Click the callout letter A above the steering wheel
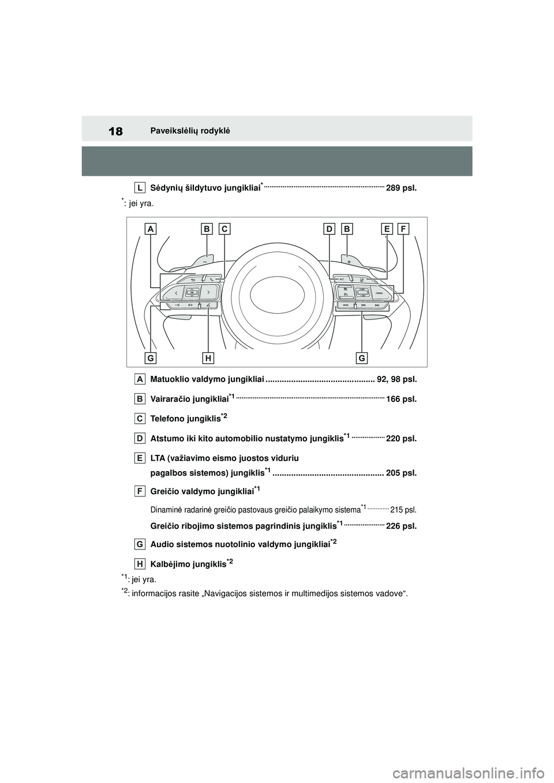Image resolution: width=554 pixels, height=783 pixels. [x=151, y=229]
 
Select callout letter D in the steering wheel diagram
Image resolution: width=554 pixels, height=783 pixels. [x=329, y=229]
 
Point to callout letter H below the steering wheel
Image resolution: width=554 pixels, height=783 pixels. [x=208, y=358]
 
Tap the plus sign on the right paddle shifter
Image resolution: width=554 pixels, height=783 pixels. [x=349, y=261]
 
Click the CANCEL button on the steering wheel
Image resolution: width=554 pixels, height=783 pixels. [x=379, y=293]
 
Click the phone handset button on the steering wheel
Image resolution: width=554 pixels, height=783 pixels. [x=213, y=280]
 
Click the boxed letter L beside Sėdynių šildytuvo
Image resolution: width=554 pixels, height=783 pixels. [x=141, y=187]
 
